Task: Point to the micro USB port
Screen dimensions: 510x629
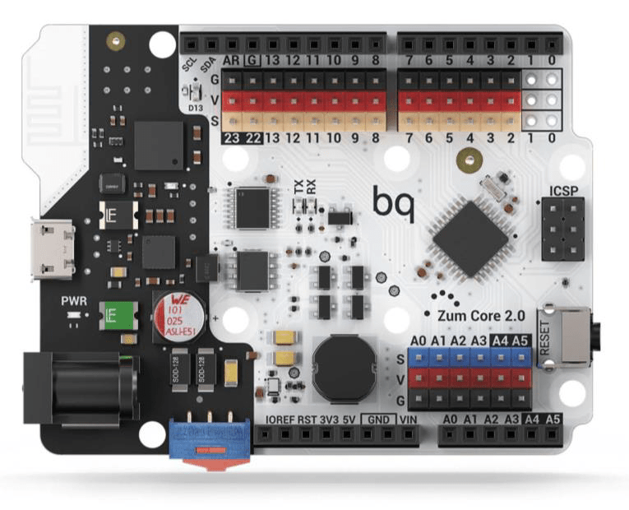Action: [51, 248]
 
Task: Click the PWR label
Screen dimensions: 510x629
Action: [73, 300]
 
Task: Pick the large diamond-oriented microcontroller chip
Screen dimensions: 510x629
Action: [471, 239]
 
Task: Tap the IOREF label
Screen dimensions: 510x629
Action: [280, 420]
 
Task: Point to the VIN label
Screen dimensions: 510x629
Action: [409, 420]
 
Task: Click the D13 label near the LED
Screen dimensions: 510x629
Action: [196, 107]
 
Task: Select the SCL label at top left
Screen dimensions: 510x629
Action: [187, 64]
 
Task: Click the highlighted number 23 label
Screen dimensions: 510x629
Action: [231, 138]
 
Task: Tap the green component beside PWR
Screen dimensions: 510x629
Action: [113, 316]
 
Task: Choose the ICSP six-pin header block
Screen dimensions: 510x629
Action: [564, 229]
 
